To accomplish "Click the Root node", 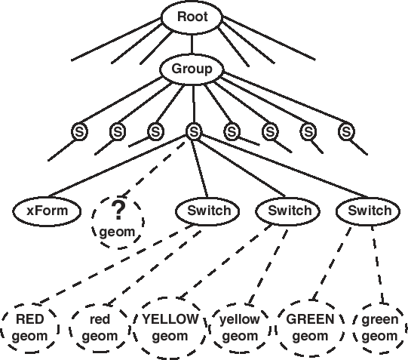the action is point(192,17).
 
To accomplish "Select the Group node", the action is point(192,69).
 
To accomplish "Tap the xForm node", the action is point(47,211).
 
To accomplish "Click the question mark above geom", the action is point(118,211).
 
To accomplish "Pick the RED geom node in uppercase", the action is point(30,328).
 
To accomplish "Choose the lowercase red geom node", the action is point(100,328).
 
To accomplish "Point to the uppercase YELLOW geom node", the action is point(170,328).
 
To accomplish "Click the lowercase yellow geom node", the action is point(241,328).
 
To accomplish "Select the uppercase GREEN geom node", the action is point(310,328).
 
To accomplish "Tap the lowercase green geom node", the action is point(379,328).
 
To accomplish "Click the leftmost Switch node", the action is point(208,211).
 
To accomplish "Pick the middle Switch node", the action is point(288,211).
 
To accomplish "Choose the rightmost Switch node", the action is point(368,211).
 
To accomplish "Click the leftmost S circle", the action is point(79,131).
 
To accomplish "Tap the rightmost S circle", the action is point(346,131).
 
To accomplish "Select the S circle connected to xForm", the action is point(194,131).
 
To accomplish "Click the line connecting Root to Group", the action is point(192,44).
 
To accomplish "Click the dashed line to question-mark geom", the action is point(154,169).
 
